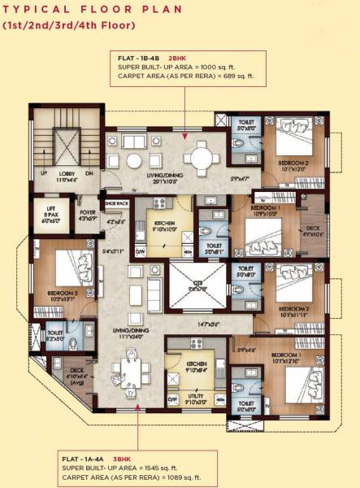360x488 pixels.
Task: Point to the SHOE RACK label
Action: click(x=116, y=203)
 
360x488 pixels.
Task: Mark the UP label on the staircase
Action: click(x=44, y=173)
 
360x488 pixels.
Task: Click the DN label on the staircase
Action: click(x=89, y=173)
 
